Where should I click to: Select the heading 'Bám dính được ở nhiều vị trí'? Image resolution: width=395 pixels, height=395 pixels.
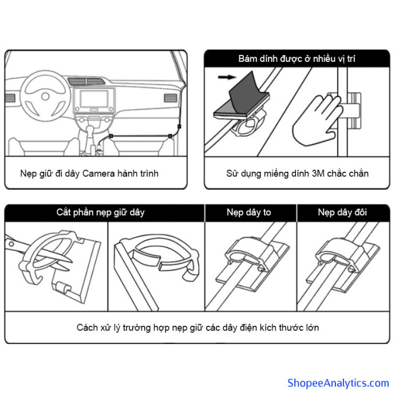(x=297, y=58)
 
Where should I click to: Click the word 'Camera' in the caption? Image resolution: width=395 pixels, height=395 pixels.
(x=99, y=173)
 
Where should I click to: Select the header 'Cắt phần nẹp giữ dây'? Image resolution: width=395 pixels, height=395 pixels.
(x=100, y=212)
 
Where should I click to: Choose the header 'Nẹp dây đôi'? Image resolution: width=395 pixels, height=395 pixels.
(x=343, y=212)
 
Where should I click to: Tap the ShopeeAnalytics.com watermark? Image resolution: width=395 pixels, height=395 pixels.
(x=338, y=382)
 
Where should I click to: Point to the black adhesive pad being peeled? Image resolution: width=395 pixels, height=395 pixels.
(x=240, y=103)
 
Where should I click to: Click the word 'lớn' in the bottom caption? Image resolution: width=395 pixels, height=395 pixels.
(x=311, y=327)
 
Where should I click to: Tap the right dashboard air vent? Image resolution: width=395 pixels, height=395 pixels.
(x=171, y=98)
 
